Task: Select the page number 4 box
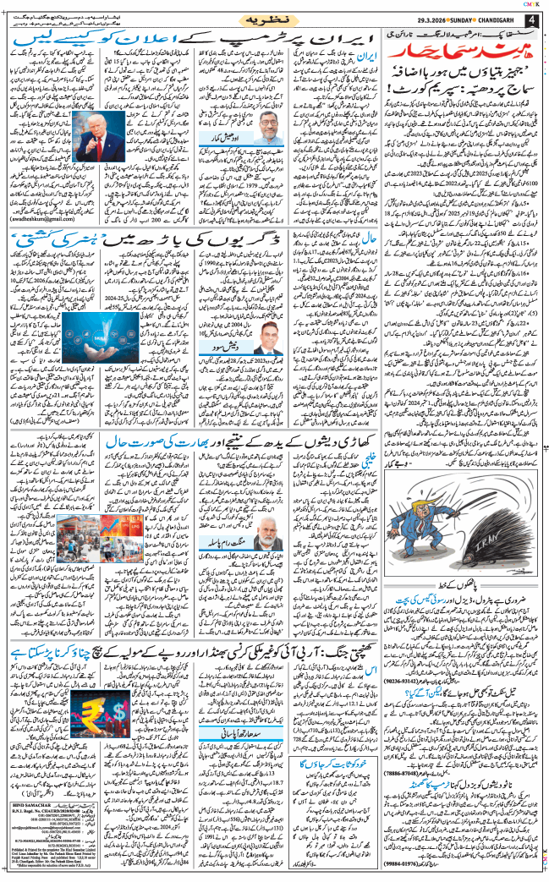tap(533, 20)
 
